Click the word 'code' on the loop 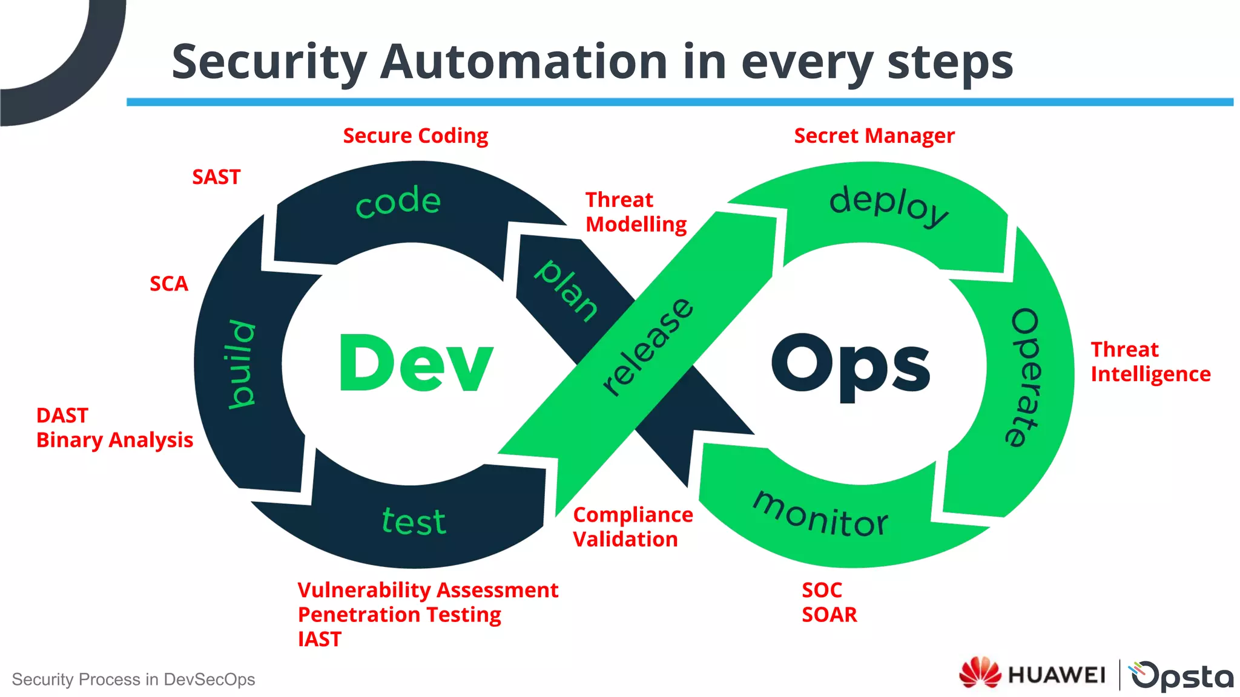398,201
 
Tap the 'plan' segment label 566,290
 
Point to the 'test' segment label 414,521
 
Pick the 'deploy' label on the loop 888,206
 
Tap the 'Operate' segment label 1024,378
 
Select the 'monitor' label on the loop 820,515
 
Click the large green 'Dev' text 416,363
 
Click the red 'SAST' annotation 216,177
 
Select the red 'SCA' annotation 169,284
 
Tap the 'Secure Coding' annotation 415,136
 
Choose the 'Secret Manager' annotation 874,136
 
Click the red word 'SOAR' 829,615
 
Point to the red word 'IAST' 320,640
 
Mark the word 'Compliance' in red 633,515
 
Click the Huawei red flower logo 980,673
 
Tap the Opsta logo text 1182,675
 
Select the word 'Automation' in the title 524,62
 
